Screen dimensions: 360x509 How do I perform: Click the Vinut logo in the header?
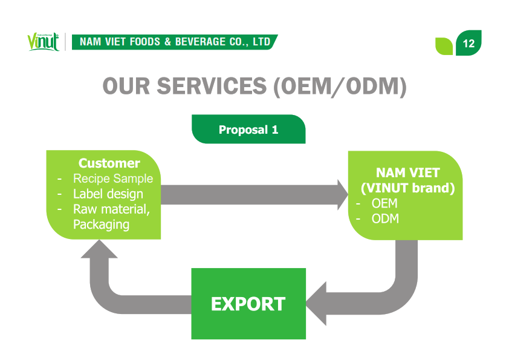[43, 42]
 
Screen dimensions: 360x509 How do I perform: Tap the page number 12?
[468, 44]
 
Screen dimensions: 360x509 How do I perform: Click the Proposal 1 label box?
[248, 129]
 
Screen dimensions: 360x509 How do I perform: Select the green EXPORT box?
[248, 304]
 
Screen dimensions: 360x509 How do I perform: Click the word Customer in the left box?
[109, 163]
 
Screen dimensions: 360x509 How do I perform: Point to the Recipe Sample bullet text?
[112, 179]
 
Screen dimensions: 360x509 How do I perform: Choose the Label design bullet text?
[108, 194]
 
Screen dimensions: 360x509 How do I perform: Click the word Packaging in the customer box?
[101, 224]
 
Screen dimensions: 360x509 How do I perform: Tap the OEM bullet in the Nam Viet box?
[384, 203]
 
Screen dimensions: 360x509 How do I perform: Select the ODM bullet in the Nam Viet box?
[385, 218]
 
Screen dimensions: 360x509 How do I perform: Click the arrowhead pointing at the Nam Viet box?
[340, 194]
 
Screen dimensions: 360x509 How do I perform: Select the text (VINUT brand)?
[407, 188]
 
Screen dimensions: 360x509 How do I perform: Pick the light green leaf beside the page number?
[444, 45]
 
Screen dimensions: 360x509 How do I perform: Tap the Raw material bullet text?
[111, 209]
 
